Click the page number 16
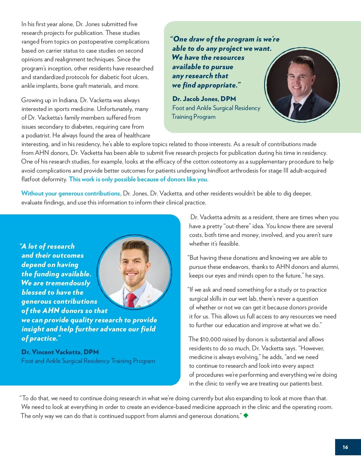345,447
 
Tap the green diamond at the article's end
246,416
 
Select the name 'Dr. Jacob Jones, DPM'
204,99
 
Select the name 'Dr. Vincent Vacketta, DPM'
60,352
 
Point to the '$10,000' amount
210,339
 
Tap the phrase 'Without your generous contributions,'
71,193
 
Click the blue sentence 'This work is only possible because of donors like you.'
139,179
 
